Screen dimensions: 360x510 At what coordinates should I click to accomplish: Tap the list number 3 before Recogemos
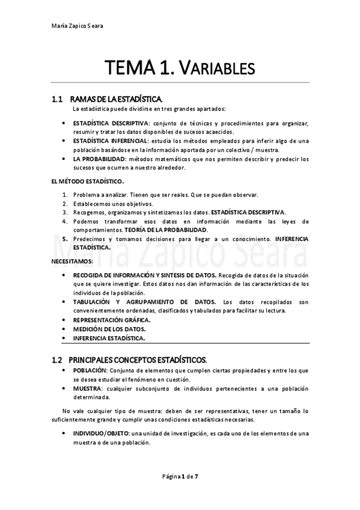point(66,212)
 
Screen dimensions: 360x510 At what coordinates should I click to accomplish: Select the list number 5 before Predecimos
point(66,239)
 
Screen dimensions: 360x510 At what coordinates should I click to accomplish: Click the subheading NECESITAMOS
point(71,261)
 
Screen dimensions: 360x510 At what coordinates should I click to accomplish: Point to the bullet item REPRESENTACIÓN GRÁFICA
point(108,320)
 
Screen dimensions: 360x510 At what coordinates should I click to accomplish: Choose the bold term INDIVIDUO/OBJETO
point(100,433)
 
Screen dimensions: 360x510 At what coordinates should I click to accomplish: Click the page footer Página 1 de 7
point(180,476)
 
